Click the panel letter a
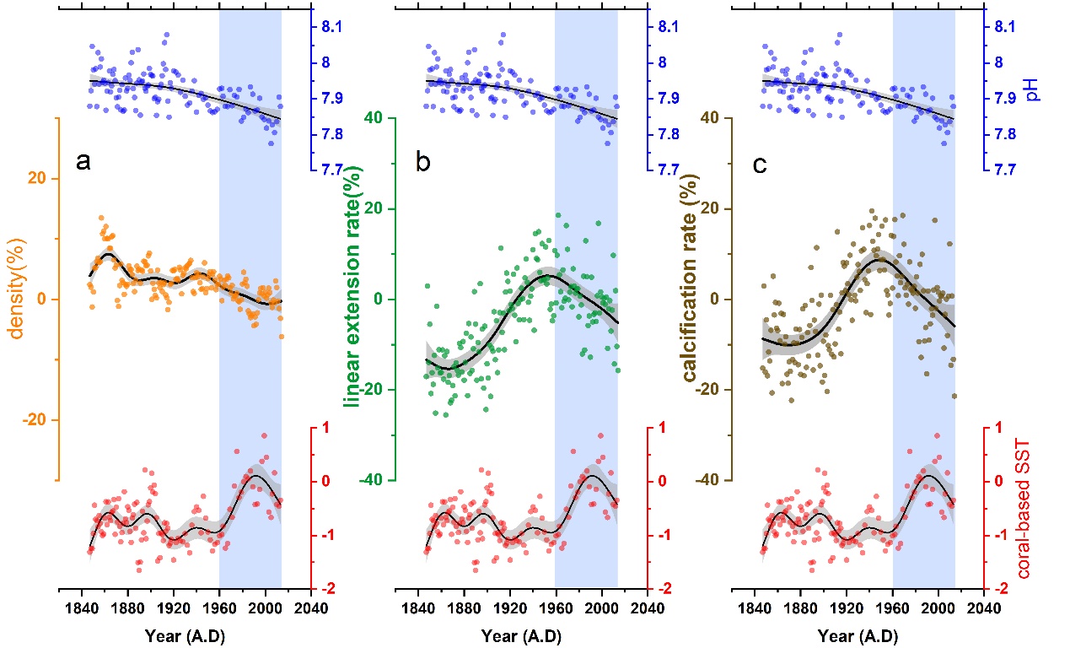pyautogui.click(x=83, y=163)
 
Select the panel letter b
pyautogui.click(x=423, y=164)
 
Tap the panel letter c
pyautogui.click(x=760, y=164)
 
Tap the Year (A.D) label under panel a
pyautogui.click(x=184, y=633)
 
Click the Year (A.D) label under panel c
pyautogui.click(x=858, y=633)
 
